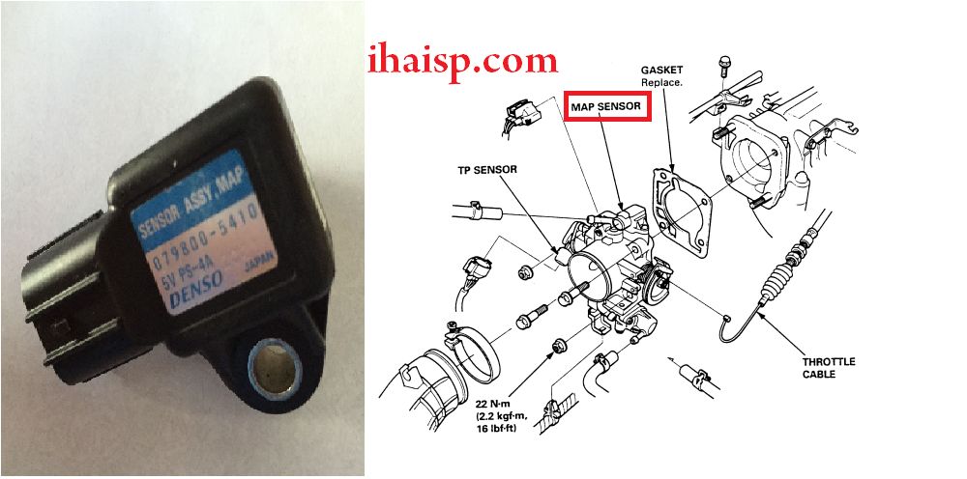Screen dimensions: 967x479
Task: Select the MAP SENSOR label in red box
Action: coord(606,106)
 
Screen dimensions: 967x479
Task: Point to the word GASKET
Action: coord(660,70)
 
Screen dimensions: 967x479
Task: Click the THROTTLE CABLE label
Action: coord(829,368)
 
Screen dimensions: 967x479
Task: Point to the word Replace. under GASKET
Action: coord(660,81)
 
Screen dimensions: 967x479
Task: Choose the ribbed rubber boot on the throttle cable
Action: coord(777,279)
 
